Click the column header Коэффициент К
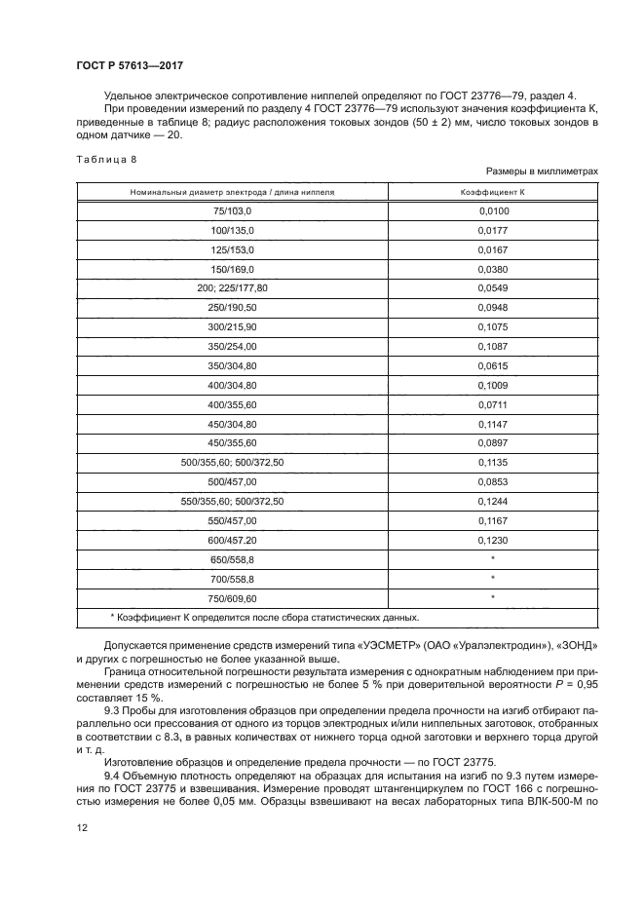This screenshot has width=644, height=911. point(493,192)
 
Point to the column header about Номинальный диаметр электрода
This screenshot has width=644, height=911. point(232,192)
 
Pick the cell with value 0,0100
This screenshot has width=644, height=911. point(493,210)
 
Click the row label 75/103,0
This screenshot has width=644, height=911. point(232,210)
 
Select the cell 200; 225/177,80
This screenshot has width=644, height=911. point(232,288)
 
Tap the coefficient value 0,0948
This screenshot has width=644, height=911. point(493,308)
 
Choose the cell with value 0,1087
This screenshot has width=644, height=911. point(493,347)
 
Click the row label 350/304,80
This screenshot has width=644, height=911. point(232,366)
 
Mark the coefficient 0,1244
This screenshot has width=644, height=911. point(493,502)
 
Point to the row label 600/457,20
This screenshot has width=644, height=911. point(232,540)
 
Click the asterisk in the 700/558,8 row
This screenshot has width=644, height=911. point(493,579)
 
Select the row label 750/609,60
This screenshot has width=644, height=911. point(232,598)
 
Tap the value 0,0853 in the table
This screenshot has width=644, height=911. point(493,482)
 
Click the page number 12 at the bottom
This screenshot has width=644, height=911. point(82,828)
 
